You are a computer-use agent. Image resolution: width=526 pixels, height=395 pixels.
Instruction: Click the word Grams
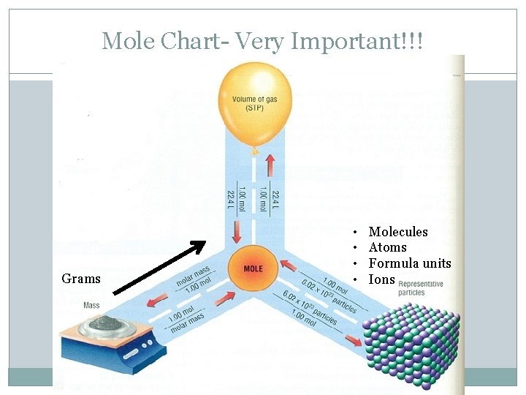(x=81, y=279)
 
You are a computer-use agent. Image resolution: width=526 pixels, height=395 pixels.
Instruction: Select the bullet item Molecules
(x=398, y=232)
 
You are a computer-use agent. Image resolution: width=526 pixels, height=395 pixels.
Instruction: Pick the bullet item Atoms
(x=387, y=247)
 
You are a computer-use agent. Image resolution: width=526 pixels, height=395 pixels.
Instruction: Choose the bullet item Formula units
(x=410, y=263)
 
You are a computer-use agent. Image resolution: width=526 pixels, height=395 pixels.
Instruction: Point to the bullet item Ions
(x=381, y=279)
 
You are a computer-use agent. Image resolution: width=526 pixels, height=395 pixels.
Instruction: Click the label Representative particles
(x=421, y=288)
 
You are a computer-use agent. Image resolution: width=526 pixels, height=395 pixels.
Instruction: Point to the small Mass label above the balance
(x=92, y=305)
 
